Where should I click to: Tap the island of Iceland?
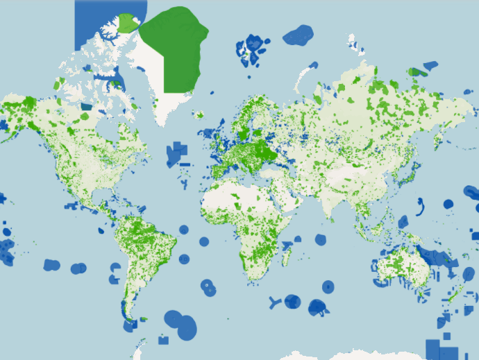pos(199,114)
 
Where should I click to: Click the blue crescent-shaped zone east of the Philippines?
pos(421,205)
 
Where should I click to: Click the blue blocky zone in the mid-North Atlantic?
pos(176,155)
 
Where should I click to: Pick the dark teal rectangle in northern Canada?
pos(87,107)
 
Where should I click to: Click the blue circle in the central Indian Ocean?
pos(320,239)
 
